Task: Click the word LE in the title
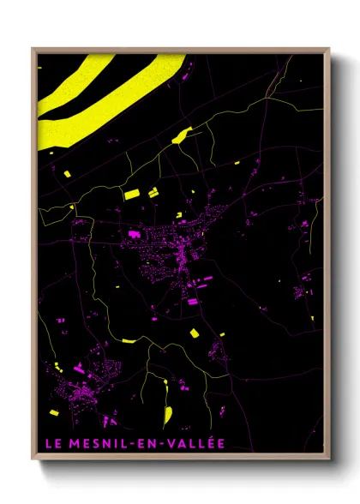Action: (51, 443)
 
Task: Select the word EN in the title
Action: (141, 443)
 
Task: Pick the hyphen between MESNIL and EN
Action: (125, 444)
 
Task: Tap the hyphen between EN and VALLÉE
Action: (157, 444)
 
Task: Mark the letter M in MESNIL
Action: (69, 443)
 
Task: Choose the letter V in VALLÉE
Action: (166, 443)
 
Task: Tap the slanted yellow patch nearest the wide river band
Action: (182, 135)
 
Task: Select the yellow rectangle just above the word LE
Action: (53, 412)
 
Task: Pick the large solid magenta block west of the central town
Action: (135, 231)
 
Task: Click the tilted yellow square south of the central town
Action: (194, 332)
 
